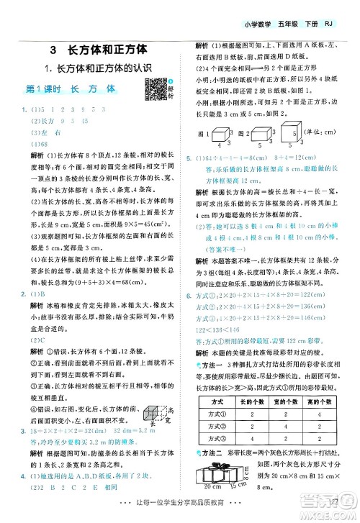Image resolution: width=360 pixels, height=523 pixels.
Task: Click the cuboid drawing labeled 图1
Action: pos(224,135)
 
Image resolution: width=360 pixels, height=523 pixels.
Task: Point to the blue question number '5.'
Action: pos(189,158)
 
